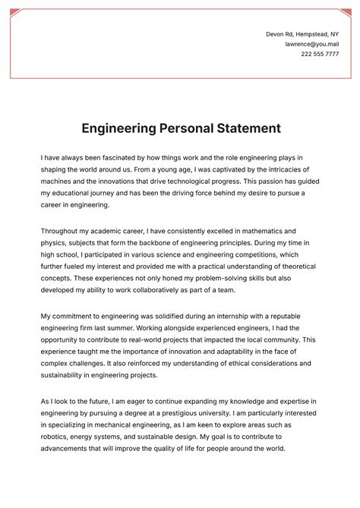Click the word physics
click(55, 242)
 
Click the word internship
click(221, 316)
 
